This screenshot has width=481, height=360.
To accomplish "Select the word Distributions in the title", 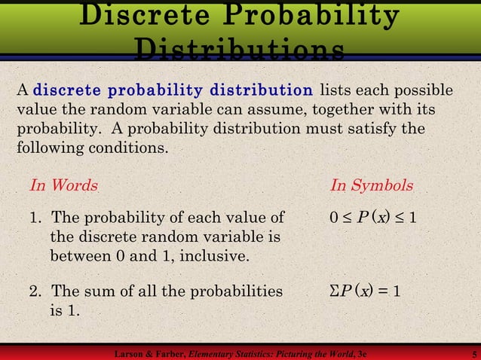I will [240, 49].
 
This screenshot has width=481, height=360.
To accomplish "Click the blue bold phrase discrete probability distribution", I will [173, 91].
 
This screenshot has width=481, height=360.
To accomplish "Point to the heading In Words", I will [63, 185].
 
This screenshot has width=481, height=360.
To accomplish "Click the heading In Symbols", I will [372, 185].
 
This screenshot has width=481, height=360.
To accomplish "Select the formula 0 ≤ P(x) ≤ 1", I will [373, 219].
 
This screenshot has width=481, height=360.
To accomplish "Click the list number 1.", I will [35, 219].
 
